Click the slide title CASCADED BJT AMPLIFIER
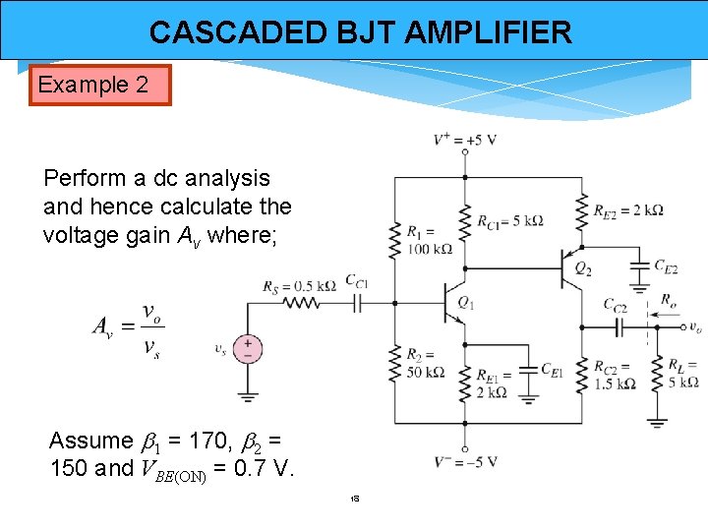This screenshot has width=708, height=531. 360,32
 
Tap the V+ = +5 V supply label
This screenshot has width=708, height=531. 465,140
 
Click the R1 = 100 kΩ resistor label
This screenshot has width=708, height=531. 429,241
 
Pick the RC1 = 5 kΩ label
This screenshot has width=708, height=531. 510,220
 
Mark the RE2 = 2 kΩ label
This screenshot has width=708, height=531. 628,209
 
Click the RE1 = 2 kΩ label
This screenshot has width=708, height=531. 492,383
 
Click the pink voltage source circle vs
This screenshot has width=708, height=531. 248,348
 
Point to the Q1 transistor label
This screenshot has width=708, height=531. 466,304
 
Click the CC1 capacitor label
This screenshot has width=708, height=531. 357,281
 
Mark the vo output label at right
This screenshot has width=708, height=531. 694,327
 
